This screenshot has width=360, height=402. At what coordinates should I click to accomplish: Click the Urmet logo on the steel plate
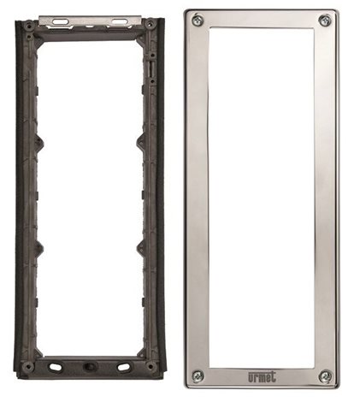point(262,377)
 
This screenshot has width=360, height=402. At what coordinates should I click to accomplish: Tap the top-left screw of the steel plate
point(198,21)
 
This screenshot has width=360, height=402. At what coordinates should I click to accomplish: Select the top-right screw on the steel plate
point(325,21)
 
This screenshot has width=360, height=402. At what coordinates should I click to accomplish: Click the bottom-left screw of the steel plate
point(198,376)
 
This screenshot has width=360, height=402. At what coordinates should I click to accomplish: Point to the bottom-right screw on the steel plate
point(325,376)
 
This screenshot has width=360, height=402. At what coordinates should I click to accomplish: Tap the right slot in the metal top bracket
point(119,21)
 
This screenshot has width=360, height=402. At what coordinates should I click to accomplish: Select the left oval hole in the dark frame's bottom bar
point(55,367)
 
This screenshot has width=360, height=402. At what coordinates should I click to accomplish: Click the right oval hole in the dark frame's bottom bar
point(123,367)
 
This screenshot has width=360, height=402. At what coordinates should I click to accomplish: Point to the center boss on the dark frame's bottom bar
point(89,366)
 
